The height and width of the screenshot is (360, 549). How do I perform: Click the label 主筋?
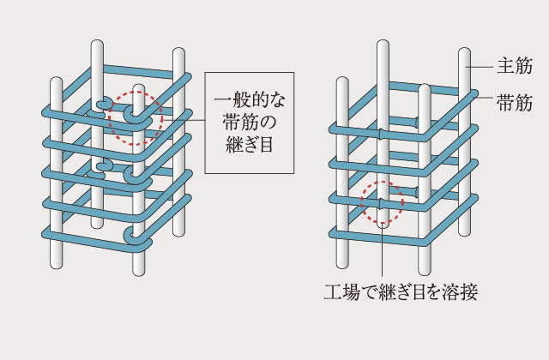(x=515, y=66)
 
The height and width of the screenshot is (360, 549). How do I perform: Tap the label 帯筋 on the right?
(x=515, y=103)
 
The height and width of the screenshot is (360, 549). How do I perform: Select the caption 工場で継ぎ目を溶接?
(x=401, y=292)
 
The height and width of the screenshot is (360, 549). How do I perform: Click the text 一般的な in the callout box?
(x=250, y=99)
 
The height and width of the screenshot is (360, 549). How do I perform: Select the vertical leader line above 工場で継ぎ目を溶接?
(x=383, y=251)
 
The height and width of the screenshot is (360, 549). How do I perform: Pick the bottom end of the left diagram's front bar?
(x=139, y=273)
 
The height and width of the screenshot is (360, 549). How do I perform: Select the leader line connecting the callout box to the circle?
(x=184, y=120)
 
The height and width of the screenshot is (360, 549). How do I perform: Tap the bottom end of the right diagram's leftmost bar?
(x=342, y=266)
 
